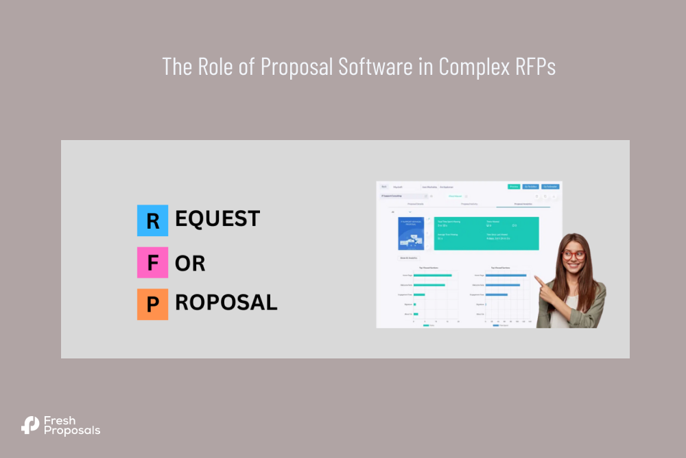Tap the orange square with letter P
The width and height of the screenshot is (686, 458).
click(x=152, y=304)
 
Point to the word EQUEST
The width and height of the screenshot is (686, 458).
click(x=217, y=219)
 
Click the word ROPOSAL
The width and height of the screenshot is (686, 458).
click(x=226, y=303)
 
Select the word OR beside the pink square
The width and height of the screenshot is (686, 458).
click(x=190, y=263)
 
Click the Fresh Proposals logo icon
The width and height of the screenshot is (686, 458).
click(x=30, y=425)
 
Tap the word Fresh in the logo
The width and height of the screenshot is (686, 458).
click(x=59, y=420)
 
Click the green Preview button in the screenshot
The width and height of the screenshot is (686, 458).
click(x=514, y=186)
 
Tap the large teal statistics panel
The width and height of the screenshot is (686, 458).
click(x=486, y=233)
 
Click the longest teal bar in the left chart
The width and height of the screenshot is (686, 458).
click(x=437, y=275)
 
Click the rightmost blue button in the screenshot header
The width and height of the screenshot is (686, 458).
click(x=550, y=186)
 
